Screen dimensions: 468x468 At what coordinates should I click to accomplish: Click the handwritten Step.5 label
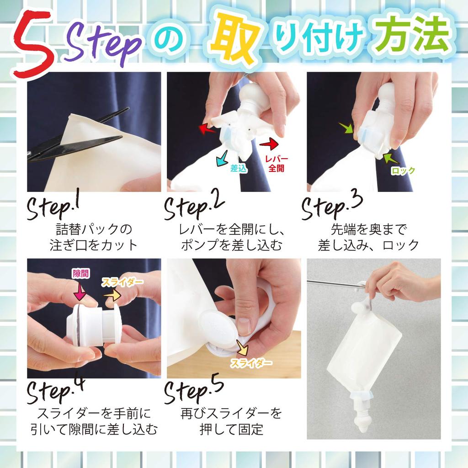194,391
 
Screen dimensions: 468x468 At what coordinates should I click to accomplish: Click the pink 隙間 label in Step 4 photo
81,274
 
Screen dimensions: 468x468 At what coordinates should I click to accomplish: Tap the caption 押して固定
231,430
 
